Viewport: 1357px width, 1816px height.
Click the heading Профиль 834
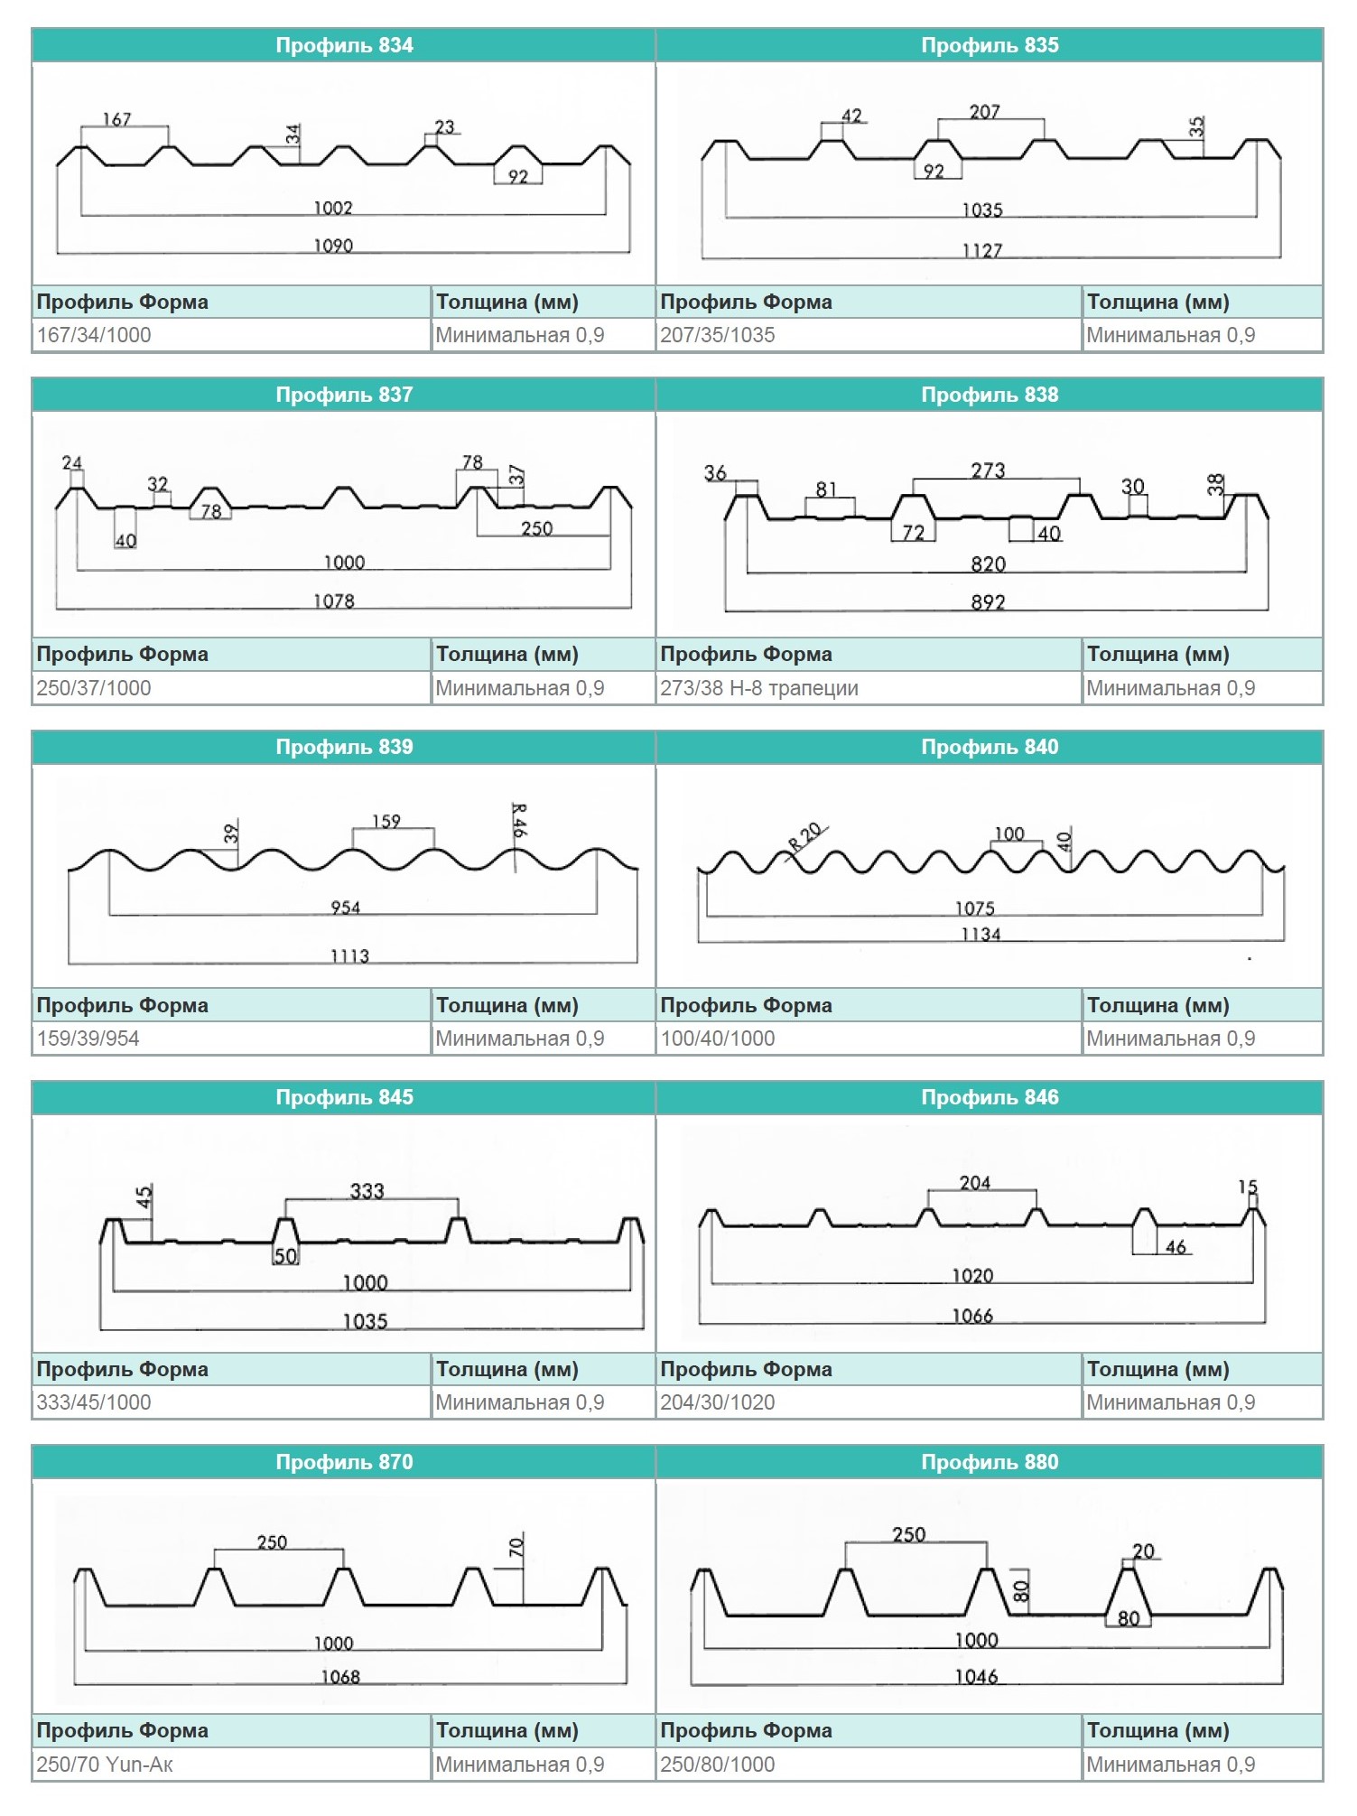(344, 45)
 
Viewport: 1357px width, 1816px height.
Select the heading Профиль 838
(990, 395)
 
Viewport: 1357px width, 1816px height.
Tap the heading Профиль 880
(990, 1462)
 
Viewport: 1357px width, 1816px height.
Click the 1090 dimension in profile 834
(333, 246)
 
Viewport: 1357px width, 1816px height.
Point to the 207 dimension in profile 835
(984, 112)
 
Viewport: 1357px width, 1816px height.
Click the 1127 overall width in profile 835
(982, 250)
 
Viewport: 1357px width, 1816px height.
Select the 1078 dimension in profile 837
(334, 601)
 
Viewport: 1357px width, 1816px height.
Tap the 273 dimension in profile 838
(988, 470)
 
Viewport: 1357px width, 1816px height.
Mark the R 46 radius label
(518, 820)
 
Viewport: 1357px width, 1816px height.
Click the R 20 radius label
(805, 837)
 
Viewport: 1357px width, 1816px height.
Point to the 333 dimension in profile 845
(367, 1191)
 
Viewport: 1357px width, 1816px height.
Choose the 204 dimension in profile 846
(975, 1183)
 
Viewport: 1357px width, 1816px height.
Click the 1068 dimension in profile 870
(340, 1677)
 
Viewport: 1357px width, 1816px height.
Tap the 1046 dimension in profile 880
(977, 1677)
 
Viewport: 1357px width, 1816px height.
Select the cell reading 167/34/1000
(94, 335)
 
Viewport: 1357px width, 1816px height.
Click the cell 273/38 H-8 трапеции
(759, 688)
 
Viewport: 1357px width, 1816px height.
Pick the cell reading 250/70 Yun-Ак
(105, 1765)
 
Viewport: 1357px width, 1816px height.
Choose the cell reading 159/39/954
(88, 1038)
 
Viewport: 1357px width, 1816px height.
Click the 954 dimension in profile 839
(346, 908)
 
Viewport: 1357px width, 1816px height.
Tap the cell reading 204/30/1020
(718, 1402)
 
